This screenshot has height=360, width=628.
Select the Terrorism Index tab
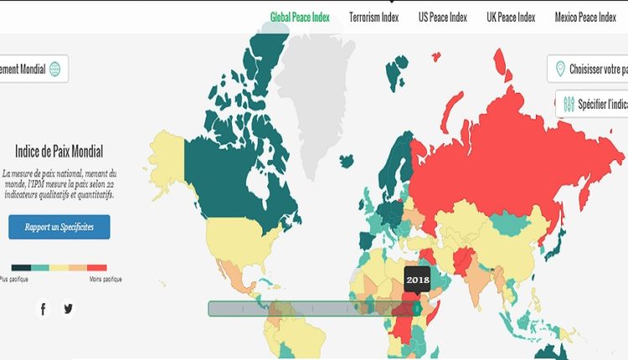pyautogui.click(x=373, y=17)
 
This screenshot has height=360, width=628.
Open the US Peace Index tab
pyautogui.click(x=442, y=17)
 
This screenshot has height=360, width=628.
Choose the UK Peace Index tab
pyautogui.click(x=511, y=17)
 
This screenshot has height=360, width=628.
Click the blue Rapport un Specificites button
pyautogui.click(x=59, y=227)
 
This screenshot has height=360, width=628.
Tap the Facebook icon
pyautogui.click(x=44, y=309)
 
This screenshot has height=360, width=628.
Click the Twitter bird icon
pyautogui.click(x=68, y=309)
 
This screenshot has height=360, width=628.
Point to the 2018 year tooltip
pyautogui.click(x=416, y=279)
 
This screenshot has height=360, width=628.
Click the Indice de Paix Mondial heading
pyautogui.click(x=59, y=152)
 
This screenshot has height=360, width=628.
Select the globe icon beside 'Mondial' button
pyautogui.click(x=55, y=69)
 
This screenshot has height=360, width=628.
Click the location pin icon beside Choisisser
pyautogui.click(x=559, y=69)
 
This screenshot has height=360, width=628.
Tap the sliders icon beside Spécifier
pyautogui.click(x=569, y=104)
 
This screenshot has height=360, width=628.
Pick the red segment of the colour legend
pyautogui.click(x=98, y=267)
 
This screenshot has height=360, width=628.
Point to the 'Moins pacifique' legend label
pyautogui.click(x=105, y=279)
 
